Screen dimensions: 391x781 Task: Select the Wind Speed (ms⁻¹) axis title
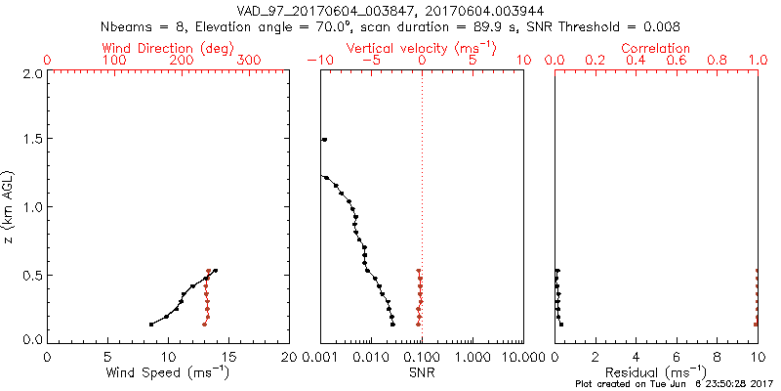169,372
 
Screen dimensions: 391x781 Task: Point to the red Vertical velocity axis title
422,48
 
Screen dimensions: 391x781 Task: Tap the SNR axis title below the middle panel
421,372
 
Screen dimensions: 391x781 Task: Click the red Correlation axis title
656,48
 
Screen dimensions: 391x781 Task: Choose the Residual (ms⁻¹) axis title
656,372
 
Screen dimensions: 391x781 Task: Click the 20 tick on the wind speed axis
289,356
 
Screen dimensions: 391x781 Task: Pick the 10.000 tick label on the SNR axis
523,356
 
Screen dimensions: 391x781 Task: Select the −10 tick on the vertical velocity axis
316,61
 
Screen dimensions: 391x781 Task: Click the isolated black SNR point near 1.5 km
324,140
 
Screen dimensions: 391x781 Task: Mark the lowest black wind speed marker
151,324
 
